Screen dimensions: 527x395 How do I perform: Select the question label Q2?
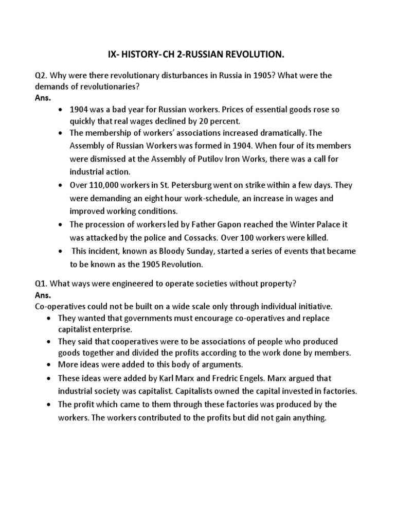pyautogui.click(x=41, y=76)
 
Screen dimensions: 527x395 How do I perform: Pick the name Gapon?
pyautogui.click(x=222, y=225)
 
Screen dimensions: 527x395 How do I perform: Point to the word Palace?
pyautogui.click(x=315, y=225)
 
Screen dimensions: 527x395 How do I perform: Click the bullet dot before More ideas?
pyautogui.click(x=48, y=364)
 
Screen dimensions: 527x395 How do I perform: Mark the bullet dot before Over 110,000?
pyautogui.click(x=61, y=185)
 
